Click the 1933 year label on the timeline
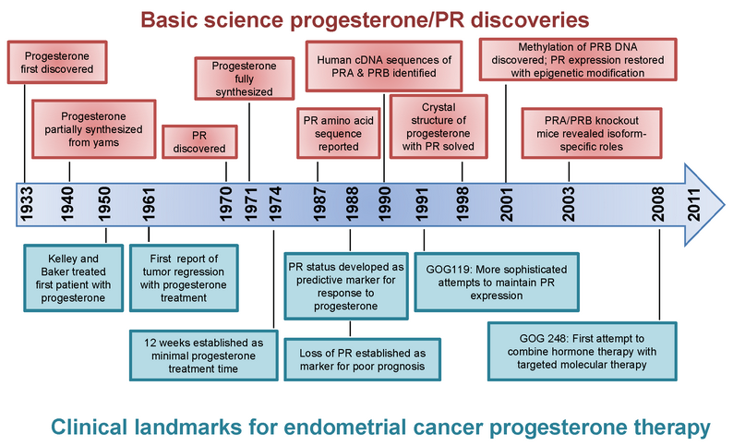[x=27, y=204]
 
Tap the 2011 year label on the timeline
[x=694, y=204]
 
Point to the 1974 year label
[x=275, y=204]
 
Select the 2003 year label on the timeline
[x=569, y=204]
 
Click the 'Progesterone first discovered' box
[x=57, y=62]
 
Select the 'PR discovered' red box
[x=199, y=141]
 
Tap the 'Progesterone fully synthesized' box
[x=245, y=78]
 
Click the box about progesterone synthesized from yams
[x=94, y=129]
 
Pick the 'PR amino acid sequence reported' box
[x=339, y=133]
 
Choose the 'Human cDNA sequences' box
[x=384, y=66]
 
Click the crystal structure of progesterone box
[x=439, y=127]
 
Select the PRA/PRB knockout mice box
[x=592, y=133]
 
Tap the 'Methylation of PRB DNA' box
[x=578, y=60]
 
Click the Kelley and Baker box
[x=74, y=278]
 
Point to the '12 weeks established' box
[x=204, y=356]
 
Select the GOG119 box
[x=497, y=283]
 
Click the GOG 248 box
[x=582, y=351]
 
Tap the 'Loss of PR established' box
[x=362, y=359]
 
